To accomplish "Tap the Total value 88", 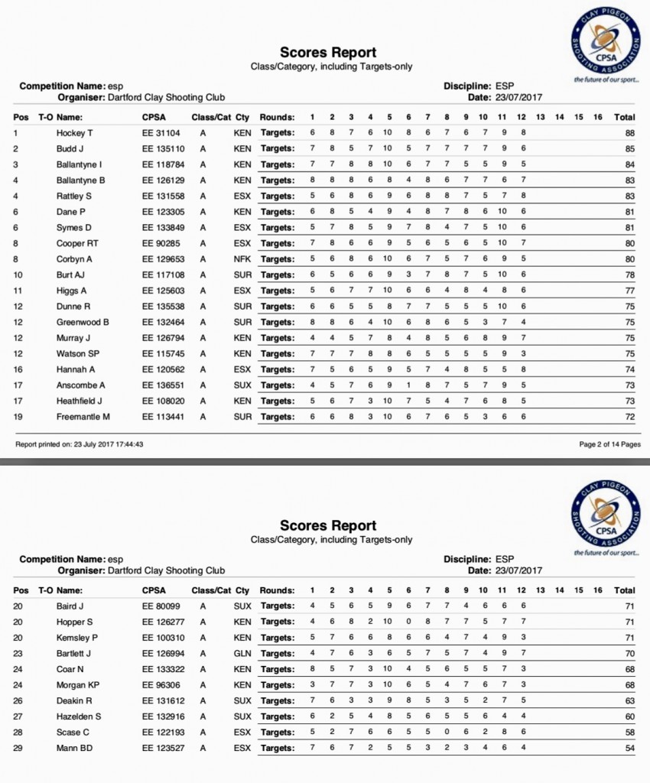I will (x=629, y=133).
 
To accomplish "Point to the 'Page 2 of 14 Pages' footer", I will (x=609, y=444).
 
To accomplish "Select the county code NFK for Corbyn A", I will (x=242, y=259).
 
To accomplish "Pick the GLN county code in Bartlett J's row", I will (x=242, y=654).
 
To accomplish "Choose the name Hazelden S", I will (x=80, y=716).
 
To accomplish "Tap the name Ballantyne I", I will (x=80, y=164).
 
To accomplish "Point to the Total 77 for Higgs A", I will (x=629, y=291).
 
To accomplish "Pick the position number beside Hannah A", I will (x=18, y=369).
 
